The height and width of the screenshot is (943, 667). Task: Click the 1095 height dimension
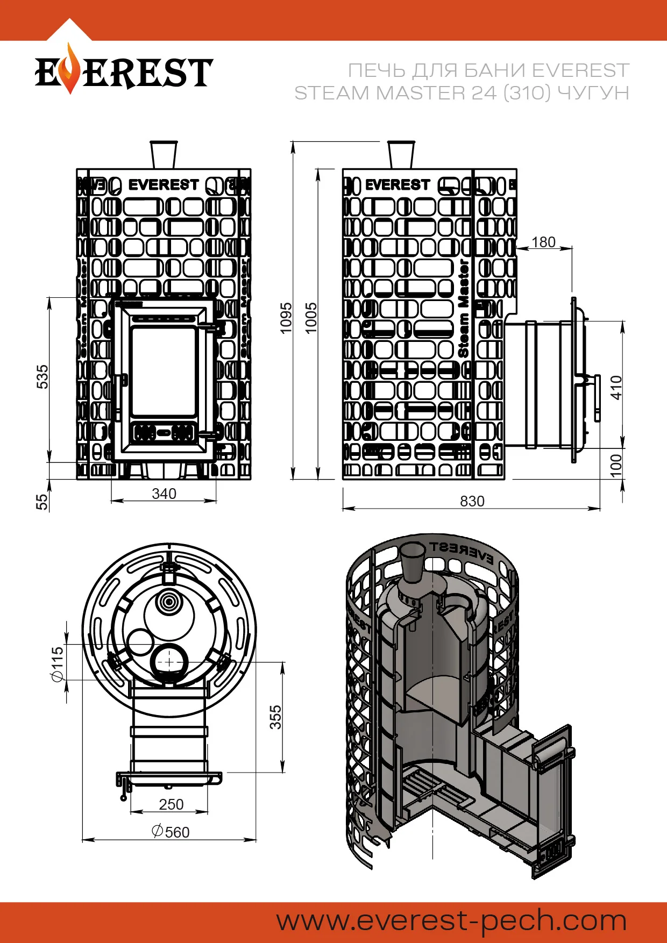coord(286,318)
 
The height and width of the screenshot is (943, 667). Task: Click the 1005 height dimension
coord(311,318)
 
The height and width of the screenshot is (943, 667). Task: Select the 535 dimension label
coord(42,376)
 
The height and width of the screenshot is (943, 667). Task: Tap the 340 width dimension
coord(164,494)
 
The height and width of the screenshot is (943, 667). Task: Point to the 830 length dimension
coord(472,501)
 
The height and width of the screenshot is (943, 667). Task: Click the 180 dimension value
coord(543,242)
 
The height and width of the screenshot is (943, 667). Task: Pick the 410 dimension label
coord(616,387)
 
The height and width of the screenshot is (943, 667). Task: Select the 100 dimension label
coord(616,466)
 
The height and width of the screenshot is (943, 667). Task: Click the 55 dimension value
coord(42,502)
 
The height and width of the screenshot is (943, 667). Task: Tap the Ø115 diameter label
coord(57,664)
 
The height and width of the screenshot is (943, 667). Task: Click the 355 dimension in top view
coord(275,717)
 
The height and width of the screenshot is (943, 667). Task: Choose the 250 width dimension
coord(171,804)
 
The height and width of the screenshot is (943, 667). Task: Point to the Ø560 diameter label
coord(171,832)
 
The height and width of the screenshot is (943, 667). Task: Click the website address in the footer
coord(452,921)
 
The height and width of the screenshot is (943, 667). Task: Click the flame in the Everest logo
coord(69,70)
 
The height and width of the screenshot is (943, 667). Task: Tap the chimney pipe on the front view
coord(164,155)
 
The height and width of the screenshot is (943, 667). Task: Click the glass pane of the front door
coord(164,371)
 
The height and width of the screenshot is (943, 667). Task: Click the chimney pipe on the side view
coord(401,155)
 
